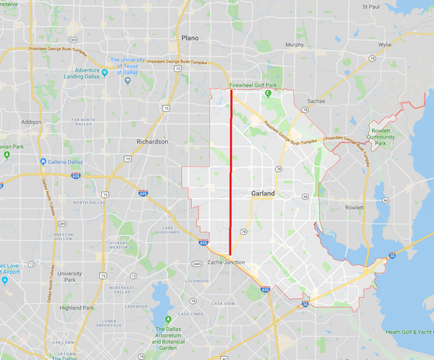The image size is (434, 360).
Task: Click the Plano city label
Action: (190, 38)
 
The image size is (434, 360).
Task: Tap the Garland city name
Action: (263, 194)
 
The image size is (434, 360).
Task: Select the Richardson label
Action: (152, 141)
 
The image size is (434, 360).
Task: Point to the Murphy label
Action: (295, 45)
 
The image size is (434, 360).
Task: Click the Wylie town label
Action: (385, 45)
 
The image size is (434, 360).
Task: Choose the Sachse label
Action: (316, 101)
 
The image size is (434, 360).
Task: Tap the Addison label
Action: (31, 122)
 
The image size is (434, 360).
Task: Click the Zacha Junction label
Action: (226, 262)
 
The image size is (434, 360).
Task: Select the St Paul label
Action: (371, 7)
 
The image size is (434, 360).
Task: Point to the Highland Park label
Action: (77, 308)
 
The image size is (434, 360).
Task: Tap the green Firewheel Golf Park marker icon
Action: (268, 93)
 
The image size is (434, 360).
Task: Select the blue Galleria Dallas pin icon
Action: (43, 162)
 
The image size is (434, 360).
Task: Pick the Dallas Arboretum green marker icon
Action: (168, 318)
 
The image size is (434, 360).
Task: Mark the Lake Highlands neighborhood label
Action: (167, 230)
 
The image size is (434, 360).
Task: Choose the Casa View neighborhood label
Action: (223, 304)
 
